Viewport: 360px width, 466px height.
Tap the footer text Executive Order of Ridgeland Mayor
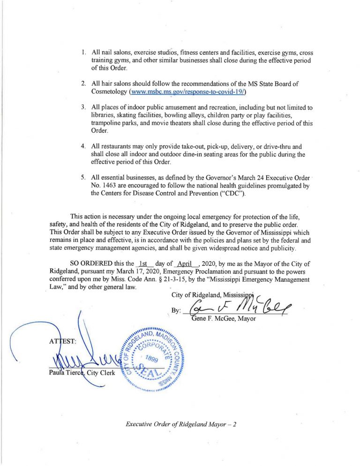pyautogui.click(x=180, y=425)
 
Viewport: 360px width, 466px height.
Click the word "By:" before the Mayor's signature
pyautogui.click(x=176, y=311)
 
